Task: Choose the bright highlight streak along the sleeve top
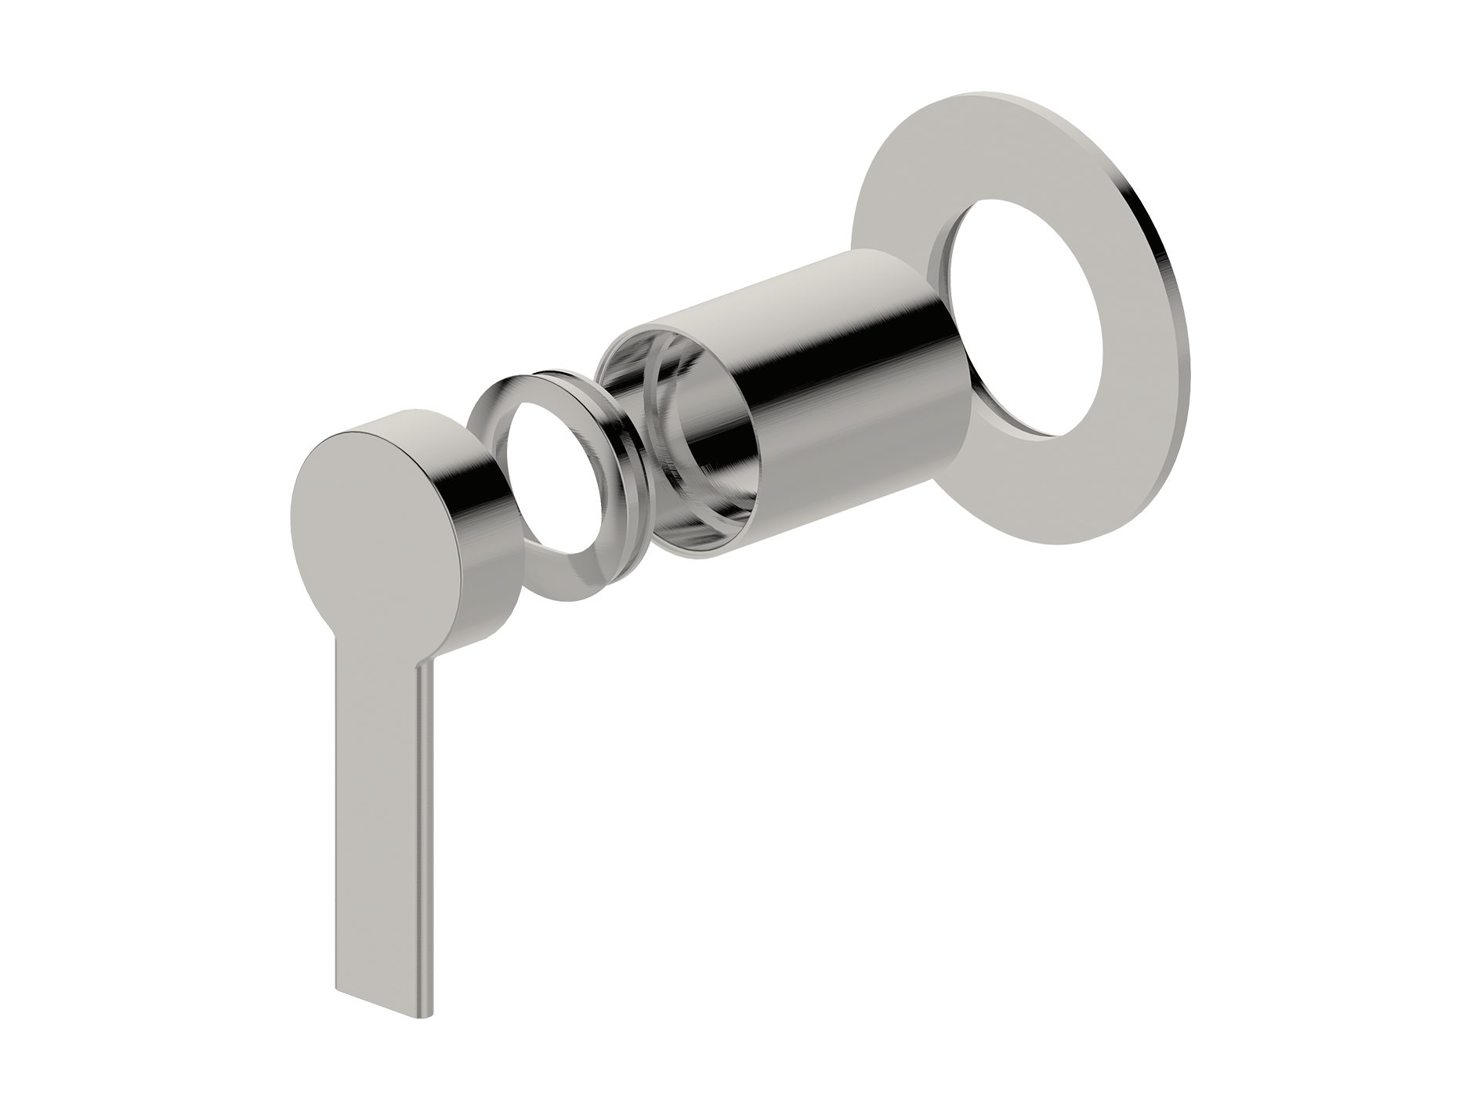[x=784, y=298]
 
